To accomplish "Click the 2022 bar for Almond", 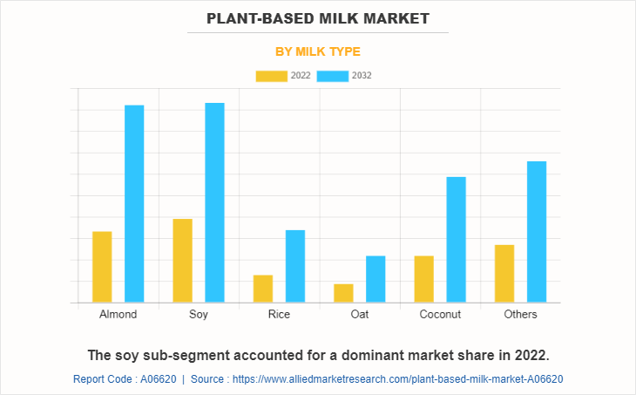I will (x=102, y=267).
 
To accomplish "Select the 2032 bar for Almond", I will (x=134, y=204).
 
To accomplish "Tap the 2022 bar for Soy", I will (x=183, y=261).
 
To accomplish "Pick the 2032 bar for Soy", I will (x=214, y=203).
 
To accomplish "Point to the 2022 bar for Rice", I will (x=263, y=289).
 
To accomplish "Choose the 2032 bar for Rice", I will (x=295, y=266).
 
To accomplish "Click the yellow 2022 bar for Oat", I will (x=343, y=293).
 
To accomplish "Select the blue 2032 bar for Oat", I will (x=376, y=279).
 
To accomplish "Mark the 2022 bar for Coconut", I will (x=423, y=279).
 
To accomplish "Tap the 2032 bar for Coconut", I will (x=456, y=240).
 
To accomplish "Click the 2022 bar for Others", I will (x=504, y=274).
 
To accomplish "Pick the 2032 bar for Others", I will (x=537, y=232).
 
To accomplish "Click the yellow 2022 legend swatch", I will (x=271, y=76).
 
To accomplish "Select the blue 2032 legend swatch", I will (x=332, y=76).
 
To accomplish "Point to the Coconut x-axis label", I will (x=440, y=314).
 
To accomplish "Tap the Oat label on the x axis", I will (x=359, y=314).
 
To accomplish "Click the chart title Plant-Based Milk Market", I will (x=318, y=18).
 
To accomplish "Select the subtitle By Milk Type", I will (x=318, y=51).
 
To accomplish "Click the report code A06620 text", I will (x=124, y=379).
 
